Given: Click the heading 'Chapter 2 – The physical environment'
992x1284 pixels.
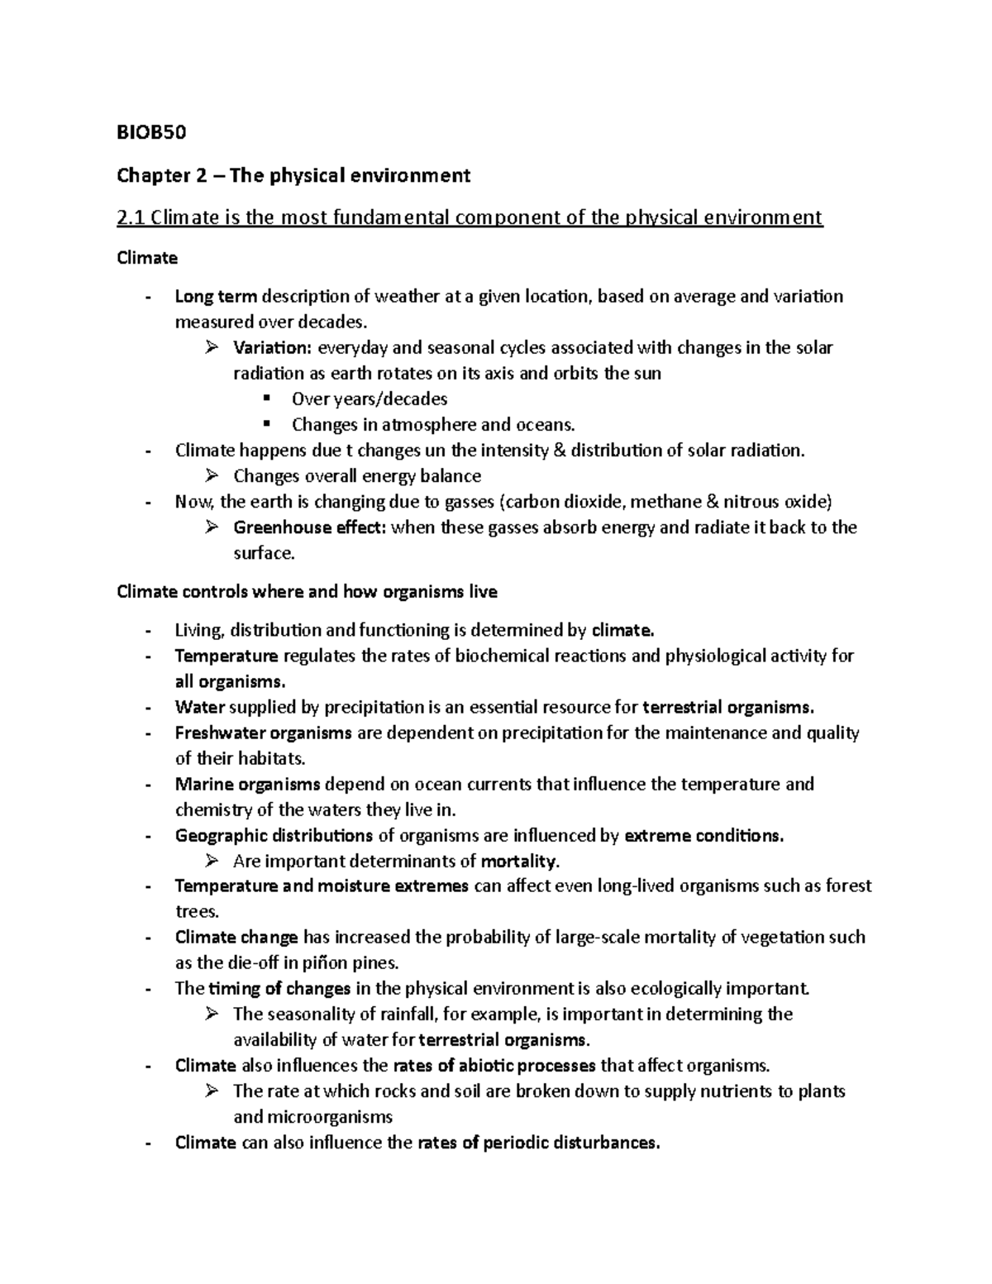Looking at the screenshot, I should pyautogui.click(x=293, y=175).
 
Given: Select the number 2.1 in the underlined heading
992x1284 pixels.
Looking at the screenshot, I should pyautogui.click(x=131, y=217).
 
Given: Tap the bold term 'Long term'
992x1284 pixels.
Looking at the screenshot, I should pyautogui.click(x=216, y=296).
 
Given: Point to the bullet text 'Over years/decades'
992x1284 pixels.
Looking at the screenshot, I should pyautogui.click(x=369, y=399).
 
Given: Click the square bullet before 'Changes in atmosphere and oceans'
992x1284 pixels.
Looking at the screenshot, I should pyautogui.click(x=266, y=424).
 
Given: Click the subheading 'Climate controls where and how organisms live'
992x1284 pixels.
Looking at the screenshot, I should pyautogui.click(x=308, y=592).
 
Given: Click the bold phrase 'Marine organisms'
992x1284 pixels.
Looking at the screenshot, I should pyautogui.click(x=247, y=784).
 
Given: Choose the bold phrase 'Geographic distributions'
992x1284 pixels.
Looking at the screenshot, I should pyautogui.click(x=274, y=835).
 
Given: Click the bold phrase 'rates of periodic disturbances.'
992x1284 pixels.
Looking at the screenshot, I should pyautogui.click(x=539, y=1143).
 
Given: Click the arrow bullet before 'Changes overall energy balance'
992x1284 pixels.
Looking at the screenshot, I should pyautogui.click(x=211, y=475).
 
